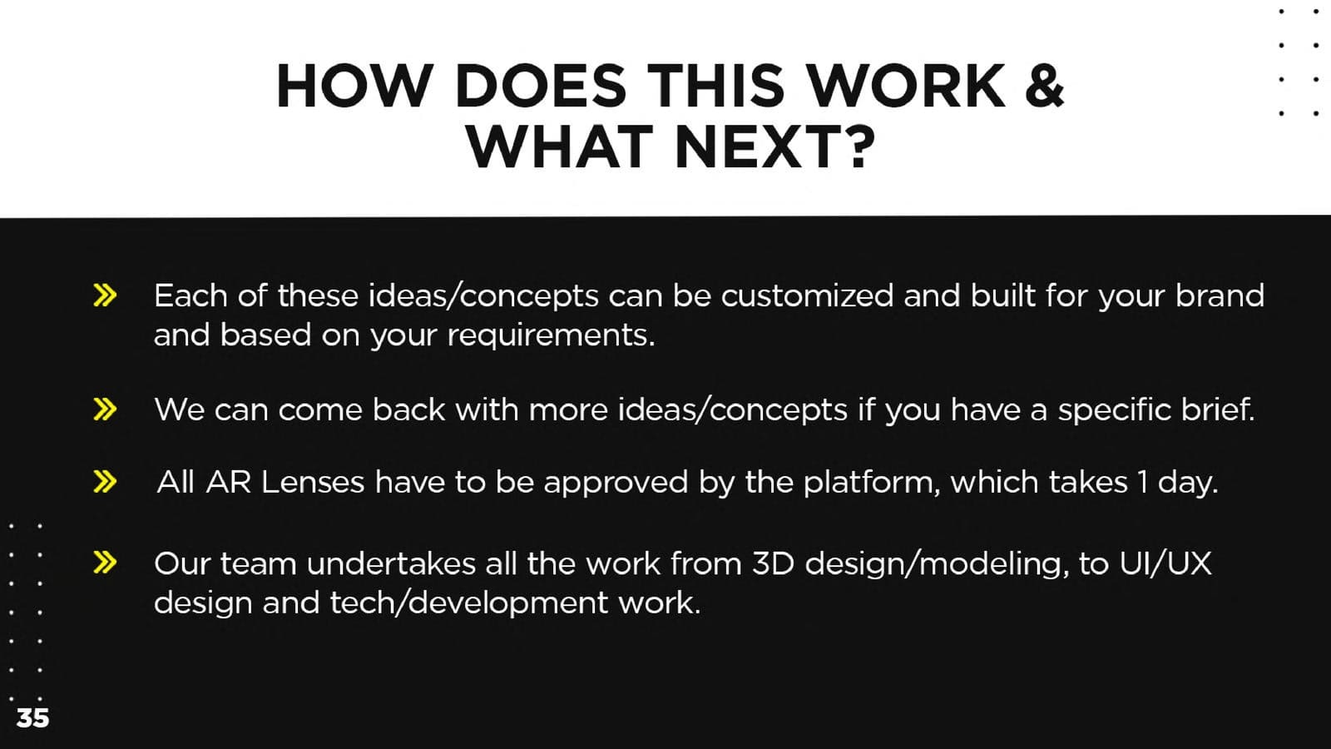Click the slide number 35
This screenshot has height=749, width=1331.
32,718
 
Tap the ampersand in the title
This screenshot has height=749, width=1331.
1044,86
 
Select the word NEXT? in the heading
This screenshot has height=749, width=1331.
774,146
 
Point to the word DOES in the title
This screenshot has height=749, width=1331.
540,86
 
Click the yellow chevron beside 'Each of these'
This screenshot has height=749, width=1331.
105,295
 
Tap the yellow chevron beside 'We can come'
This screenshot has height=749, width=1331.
105,409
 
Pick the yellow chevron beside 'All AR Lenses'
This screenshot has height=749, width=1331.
105,482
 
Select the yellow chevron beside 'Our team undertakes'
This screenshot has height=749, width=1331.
105,563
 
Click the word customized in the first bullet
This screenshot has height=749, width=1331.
807,295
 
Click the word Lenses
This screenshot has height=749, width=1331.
313,482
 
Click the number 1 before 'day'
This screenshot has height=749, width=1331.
1143,482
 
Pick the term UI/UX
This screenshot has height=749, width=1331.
1165,563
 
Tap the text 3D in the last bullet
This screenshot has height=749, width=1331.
773,563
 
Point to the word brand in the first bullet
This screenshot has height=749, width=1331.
1220,295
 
